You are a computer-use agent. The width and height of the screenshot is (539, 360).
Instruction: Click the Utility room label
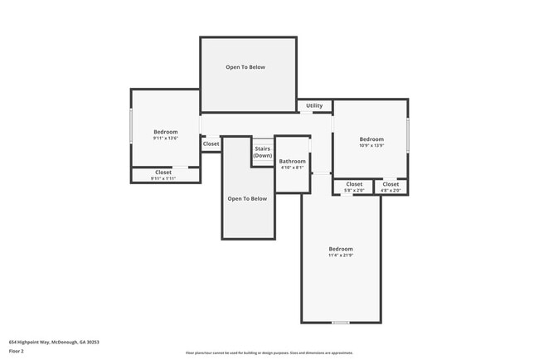(x=314, y=105)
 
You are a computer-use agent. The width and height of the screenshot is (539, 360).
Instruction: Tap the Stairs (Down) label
(x=263, y=152)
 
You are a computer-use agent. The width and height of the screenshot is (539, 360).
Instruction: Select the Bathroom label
(x=292, y=161)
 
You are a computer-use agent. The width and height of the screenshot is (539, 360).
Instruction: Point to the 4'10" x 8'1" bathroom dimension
(x=292, y=168)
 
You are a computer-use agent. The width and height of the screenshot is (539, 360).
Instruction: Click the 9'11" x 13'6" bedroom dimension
(x=165, y=139)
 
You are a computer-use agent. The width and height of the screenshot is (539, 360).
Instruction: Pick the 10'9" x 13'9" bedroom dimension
(x=371, y=145)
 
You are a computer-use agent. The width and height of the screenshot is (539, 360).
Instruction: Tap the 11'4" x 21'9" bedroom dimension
(x=341, y=255)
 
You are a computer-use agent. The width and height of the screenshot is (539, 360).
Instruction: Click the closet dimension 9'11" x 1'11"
(x=163, y=178)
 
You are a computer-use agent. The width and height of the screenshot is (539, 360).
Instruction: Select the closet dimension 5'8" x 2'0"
(x=354, y=190)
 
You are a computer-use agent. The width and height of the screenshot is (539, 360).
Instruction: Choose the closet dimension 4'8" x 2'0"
(x=391, y=190)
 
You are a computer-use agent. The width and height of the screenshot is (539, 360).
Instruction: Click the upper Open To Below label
(x=245, y=67)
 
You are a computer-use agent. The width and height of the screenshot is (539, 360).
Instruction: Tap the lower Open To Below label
(x=247, y=198)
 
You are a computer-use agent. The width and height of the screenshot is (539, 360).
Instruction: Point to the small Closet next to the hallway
(x=211, y=144)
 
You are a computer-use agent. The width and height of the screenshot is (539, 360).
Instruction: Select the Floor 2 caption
(x=17, y=351)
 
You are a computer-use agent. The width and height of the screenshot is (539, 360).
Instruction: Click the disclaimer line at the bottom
(x=269, y=353)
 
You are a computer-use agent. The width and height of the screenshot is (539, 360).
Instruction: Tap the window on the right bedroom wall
(x=408, y=134)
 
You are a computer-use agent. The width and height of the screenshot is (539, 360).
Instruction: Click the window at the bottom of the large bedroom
(x=340, y=323)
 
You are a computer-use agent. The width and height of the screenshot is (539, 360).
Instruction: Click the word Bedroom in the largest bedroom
(x=341, y=249)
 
